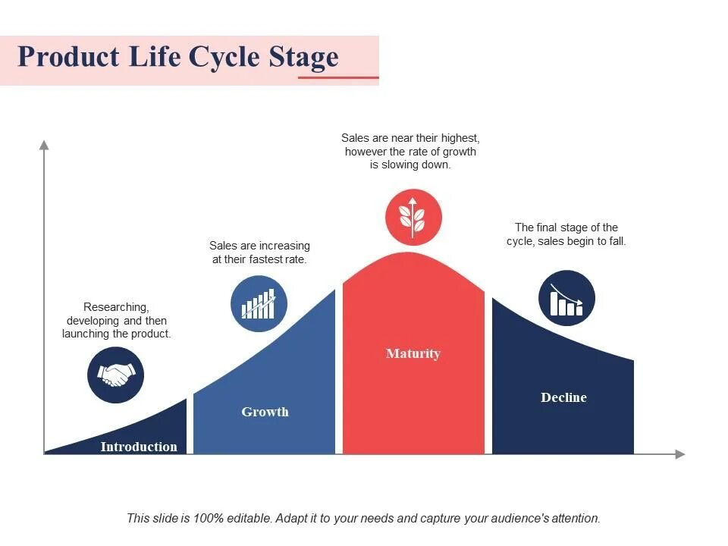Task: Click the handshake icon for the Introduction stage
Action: point(116,374)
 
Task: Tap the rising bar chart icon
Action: point(259,304)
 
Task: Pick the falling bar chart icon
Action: point(566,298)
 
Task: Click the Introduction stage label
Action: point(139,447)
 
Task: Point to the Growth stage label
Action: point(265,412)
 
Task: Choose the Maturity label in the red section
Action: point(413,353)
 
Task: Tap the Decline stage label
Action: point(563,397)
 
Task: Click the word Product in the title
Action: point(58,58)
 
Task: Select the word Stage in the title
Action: point(303,58)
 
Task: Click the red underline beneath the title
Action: point(338,77)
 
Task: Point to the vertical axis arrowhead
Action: point(44,144)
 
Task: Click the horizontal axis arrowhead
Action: point(679,454)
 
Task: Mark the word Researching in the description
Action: point(116,307)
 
